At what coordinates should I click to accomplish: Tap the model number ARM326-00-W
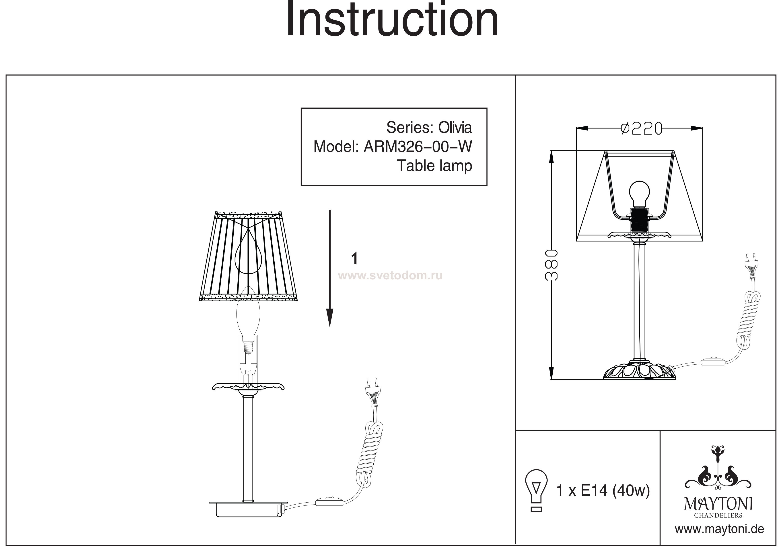(x=418, y=147)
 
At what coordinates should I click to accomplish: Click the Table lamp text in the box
(x=435, y=166)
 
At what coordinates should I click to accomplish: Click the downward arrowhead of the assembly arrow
(x=329, y=318)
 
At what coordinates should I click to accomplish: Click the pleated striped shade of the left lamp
(x=251, y=257)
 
